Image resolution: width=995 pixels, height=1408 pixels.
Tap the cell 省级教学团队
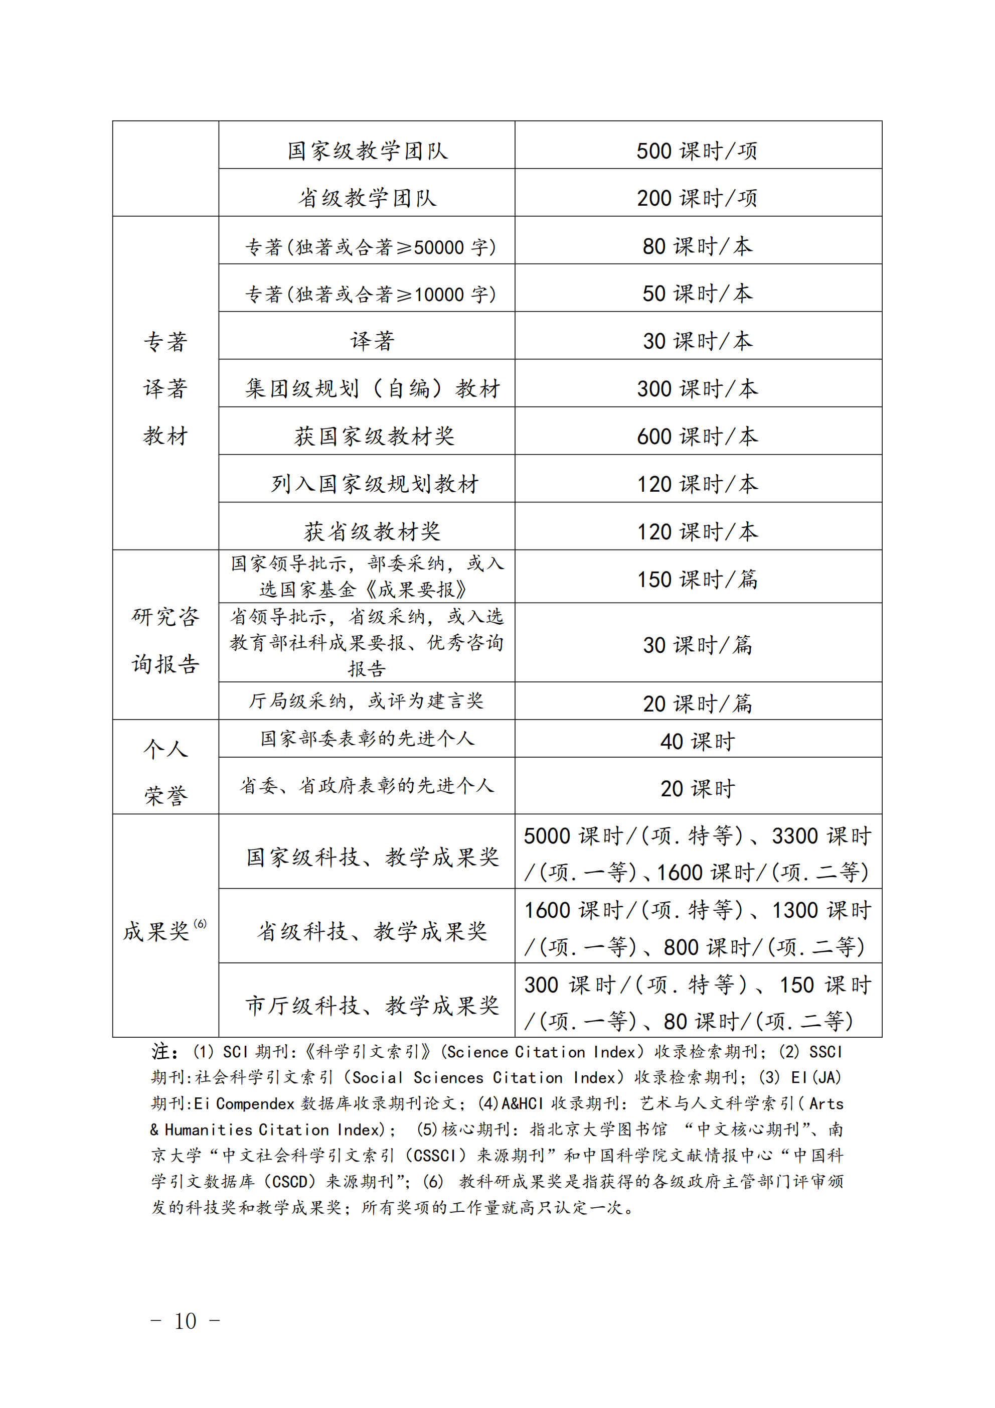(x=367, y=198)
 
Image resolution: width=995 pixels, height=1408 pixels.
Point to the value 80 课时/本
(x=697, y=246)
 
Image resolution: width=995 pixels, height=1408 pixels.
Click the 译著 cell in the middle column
(x=372, y=341)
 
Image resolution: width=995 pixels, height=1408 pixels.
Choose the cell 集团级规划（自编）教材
(x=372, y=389)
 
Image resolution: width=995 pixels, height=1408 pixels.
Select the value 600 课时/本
(x=697, y=437)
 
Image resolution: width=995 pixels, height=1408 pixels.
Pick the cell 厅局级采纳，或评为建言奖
(x=366, y=701)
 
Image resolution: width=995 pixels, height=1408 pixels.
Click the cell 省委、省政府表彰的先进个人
(x=367, y=786)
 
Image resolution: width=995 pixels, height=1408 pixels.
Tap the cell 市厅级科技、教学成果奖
(x=372, y=1006)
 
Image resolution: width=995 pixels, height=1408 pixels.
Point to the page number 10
(x=185, y=1321)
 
